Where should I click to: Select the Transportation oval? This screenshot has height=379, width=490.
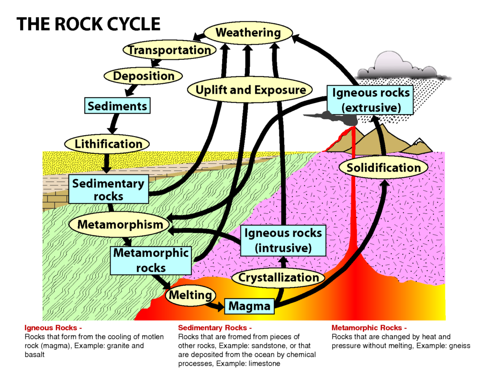[169, 50]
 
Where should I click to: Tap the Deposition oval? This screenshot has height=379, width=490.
[144, 76]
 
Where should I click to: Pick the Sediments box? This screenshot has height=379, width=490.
[117, 106]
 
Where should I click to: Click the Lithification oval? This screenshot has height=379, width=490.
[108, 144]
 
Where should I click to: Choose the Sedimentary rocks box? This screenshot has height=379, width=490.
[108, 189]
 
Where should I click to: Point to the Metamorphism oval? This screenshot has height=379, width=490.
[120, 224]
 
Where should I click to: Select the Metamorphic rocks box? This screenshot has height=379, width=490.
[151, 260]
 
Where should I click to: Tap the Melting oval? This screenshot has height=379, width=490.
[190, 295]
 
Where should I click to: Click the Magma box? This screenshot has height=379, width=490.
[249, 306]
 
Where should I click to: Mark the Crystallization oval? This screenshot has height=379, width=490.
[278, 277]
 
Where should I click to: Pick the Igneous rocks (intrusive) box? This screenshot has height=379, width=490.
[283, 240]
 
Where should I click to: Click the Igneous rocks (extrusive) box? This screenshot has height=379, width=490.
[371, 99]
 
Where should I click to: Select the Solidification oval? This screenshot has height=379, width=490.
[383, 168]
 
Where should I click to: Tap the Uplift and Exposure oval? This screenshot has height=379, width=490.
[250, 90]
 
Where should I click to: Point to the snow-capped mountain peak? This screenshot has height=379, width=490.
[421, 142]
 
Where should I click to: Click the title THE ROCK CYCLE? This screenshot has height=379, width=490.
[89, 24]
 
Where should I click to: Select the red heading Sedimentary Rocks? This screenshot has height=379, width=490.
[214, 328]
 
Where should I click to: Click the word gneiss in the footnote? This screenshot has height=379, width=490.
[460, 346]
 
